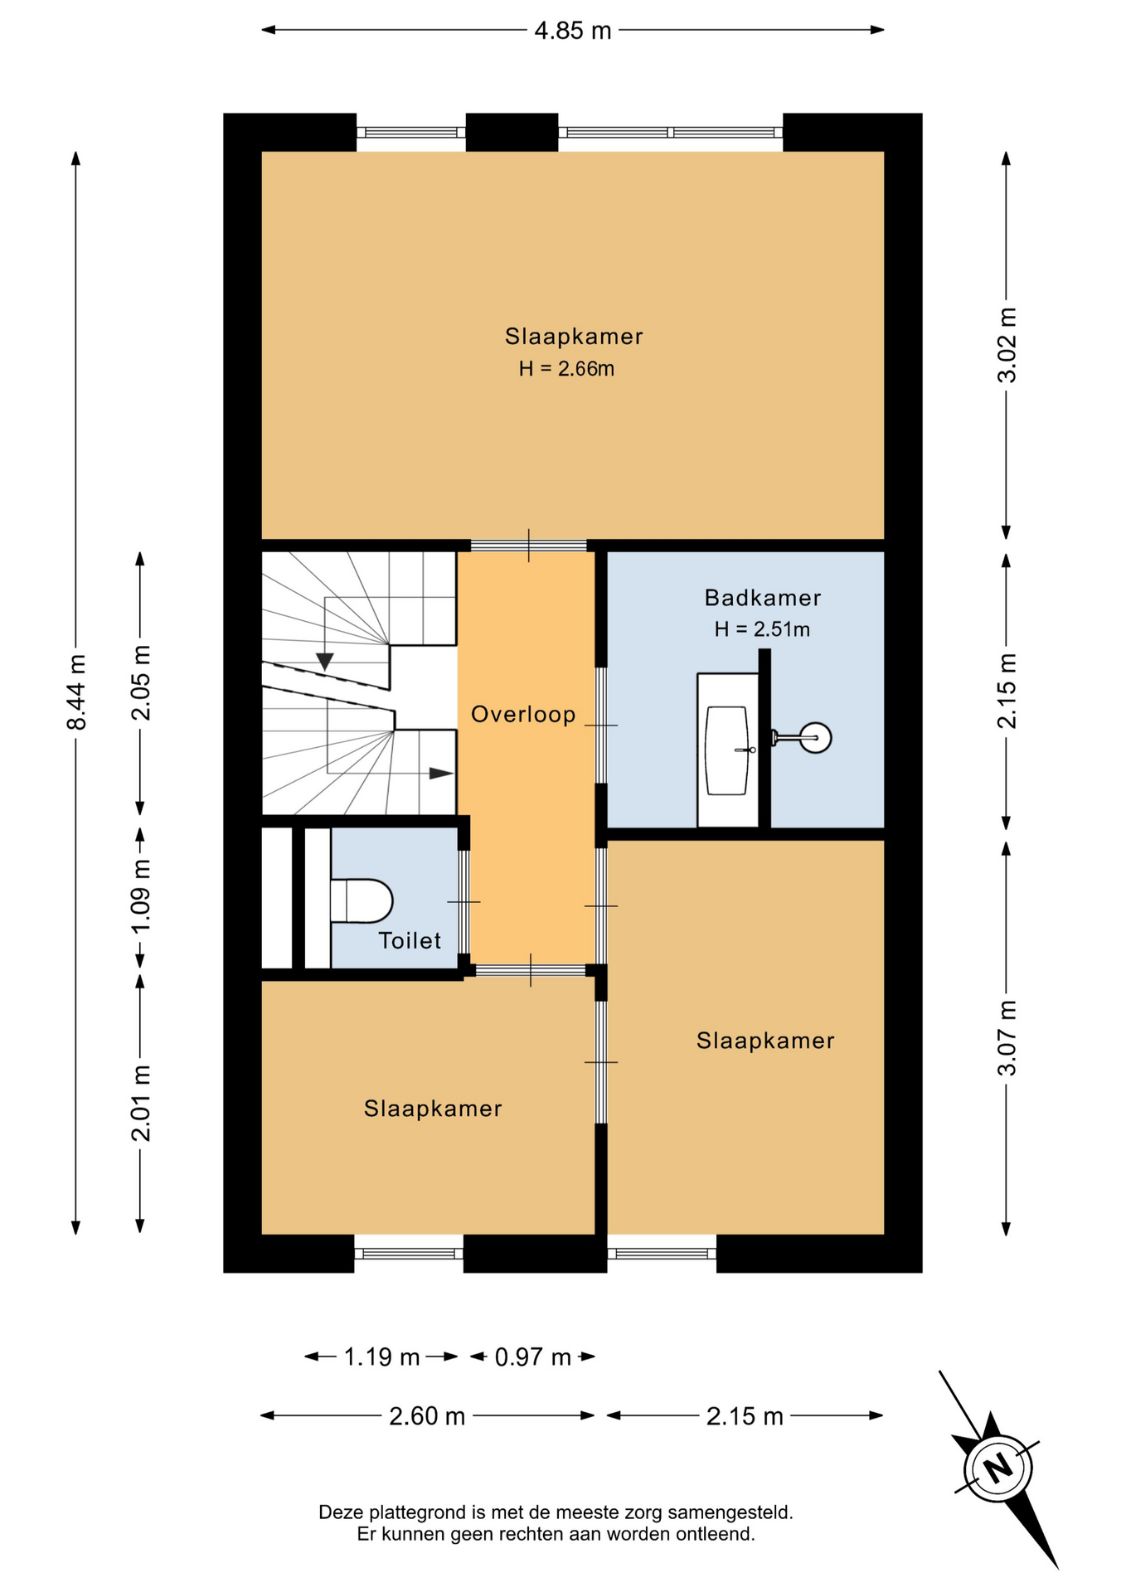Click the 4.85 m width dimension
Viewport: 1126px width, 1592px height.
(573, 31)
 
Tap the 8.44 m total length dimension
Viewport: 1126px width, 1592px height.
(76, 692)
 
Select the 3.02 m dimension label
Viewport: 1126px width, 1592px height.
(1007, 345)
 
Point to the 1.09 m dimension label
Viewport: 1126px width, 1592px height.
(141, 895)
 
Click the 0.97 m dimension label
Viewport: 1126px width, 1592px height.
(533, 1357)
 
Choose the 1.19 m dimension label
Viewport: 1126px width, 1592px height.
(381, 1357)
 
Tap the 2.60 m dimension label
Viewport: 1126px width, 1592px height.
(427, 1416)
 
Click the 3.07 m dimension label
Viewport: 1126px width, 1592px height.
(1007, 1038)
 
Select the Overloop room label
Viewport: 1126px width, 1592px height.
(523, 715)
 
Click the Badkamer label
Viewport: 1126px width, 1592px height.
(763, 598)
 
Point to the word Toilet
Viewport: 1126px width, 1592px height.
(410, 940)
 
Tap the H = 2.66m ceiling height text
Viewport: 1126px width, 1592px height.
(567, 369)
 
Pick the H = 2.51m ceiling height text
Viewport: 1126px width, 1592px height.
(762, 629)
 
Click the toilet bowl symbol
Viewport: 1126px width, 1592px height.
(362, 901)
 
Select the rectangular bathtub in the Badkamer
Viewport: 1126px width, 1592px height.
(727, 750)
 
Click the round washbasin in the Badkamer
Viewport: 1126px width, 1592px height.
(816, 737)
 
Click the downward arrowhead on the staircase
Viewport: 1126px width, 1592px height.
(325, 662)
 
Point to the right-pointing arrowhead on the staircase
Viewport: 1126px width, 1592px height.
(441, 774)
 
